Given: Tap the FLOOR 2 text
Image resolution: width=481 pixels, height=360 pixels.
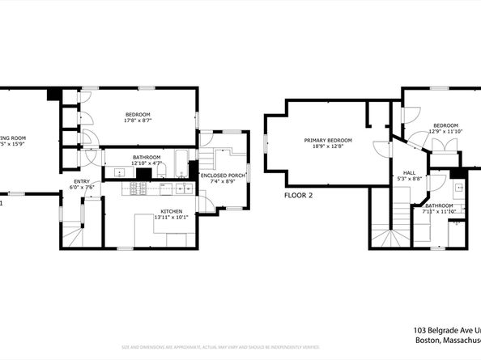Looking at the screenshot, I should (x=298, y=195).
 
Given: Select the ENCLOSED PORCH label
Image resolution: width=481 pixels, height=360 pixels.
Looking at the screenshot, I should (x=223, y=175).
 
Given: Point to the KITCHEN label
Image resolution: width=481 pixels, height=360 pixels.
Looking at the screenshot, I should (x=171, y=211).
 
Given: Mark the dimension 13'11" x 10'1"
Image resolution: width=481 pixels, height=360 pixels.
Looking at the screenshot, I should (x=171, y=218).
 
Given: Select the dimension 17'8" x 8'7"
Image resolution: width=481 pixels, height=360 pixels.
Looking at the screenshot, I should (x=138, y=121).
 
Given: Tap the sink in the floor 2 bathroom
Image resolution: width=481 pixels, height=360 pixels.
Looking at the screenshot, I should (x=458, y=188).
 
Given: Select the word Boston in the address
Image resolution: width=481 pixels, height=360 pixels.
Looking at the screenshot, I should (x=427, y=341).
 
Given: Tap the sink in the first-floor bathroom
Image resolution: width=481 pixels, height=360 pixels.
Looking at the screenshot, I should (x=119, y=171).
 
